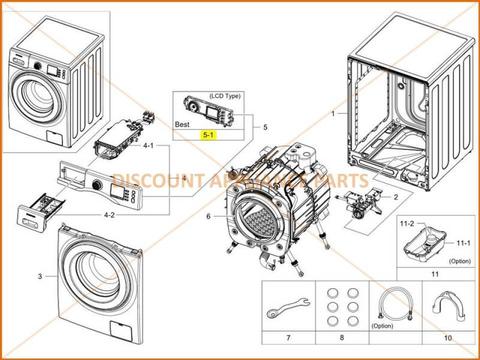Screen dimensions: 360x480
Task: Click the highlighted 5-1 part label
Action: point(210,132)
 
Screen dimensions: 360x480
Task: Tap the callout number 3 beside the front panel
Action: point(40,274)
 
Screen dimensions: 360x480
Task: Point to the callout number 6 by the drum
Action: point(209,215)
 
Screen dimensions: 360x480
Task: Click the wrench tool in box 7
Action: point(285,307)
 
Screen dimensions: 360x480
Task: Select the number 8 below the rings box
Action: point(335,339)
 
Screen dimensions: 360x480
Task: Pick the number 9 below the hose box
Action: point(387,339)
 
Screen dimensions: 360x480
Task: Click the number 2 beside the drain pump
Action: point(395,197)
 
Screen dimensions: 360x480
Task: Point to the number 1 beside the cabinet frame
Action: point(334,115)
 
